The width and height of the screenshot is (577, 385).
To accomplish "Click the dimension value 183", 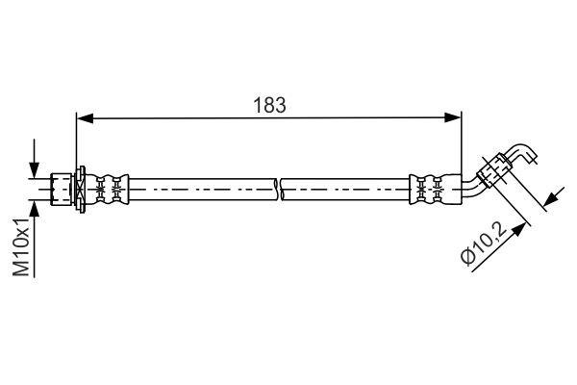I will coord(270,105).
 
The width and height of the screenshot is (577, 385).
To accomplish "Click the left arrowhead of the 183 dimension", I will coord(84,118).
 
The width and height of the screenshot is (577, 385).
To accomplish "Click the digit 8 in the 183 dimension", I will coord(270,105).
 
